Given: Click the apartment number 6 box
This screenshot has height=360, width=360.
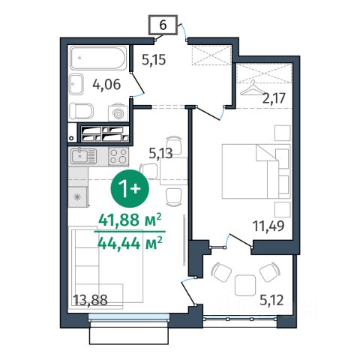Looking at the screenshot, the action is click(163, 25).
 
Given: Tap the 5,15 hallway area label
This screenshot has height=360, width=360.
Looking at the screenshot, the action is click(154, 60).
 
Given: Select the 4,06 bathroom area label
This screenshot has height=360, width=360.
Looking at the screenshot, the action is click(106, 84).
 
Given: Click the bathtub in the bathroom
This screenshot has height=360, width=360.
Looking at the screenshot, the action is click(98, 58).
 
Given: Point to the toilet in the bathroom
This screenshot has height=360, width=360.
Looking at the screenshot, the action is click(82, 111).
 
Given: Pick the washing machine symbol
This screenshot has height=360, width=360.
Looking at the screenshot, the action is click(118, 113).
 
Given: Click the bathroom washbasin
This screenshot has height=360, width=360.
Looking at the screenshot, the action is click(76, 84).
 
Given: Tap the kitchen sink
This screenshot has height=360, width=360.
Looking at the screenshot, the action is click(83, 156).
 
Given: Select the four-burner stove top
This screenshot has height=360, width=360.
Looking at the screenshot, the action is click(118, 157).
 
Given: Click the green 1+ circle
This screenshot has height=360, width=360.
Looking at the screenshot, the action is click(130, 188).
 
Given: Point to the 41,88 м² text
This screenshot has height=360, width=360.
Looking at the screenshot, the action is click(130, 220).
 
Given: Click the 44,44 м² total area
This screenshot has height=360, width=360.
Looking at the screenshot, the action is click(130, 243).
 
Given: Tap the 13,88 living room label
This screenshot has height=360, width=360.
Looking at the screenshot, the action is click(90, 300).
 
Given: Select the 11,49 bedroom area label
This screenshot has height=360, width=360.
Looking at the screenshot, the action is click(268, 226).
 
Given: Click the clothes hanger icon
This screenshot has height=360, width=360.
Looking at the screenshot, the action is click(252, 88).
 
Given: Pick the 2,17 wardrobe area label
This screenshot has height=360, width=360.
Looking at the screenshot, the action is click(274, 98).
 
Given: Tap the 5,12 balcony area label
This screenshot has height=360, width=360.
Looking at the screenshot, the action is click(271, 300).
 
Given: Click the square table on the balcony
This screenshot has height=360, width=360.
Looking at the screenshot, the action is click(245, 286).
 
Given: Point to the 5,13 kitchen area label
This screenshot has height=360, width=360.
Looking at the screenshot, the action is click(160, 154).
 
